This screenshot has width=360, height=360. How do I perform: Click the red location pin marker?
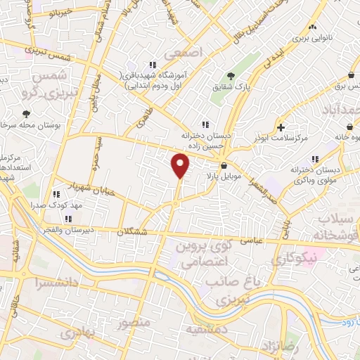click(181, 166)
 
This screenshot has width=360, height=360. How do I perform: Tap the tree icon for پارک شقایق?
click(230, 75)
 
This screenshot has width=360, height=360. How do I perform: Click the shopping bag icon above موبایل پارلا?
click(224, 166)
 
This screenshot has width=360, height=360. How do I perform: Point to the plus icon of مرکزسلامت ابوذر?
click(281, 128)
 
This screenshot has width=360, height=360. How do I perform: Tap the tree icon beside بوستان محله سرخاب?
click(26, 113)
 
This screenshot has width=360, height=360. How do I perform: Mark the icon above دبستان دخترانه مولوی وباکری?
click(315, 158)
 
